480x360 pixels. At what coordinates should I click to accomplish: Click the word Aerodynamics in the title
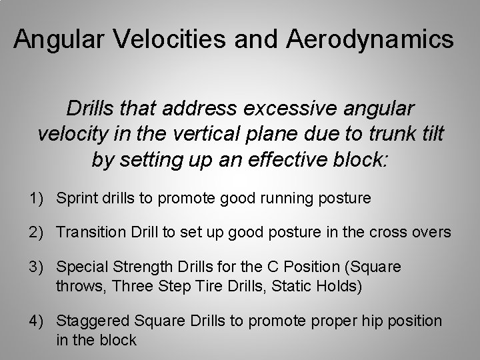click(371, 40)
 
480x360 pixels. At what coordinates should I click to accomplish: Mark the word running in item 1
click(287, 198)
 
